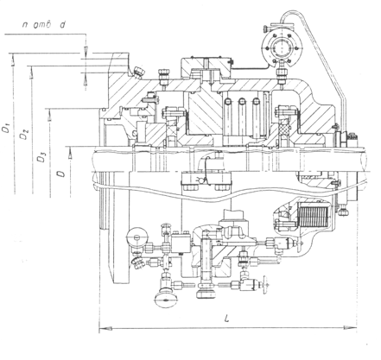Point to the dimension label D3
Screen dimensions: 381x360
click(41, 158)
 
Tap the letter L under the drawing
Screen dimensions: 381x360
click(227, 319)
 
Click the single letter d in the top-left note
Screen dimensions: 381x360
click(62, 25)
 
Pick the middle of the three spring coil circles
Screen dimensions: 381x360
click(242, 101)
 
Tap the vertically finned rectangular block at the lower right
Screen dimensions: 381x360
click(314, 215)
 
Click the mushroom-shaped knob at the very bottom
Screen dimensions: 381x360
click(165, 300)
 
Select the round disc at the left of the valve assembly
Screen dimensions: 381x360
click(137, 237)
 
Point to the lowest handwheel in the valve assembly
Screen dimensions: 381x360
click(265, 286)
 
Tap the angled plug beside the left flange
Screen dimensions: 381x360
click(139, 72)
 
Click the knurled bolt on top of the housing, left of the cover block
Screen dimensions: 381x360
click(164, 77)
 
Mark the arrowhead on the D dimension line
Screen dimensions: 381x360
click(70, 154)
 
